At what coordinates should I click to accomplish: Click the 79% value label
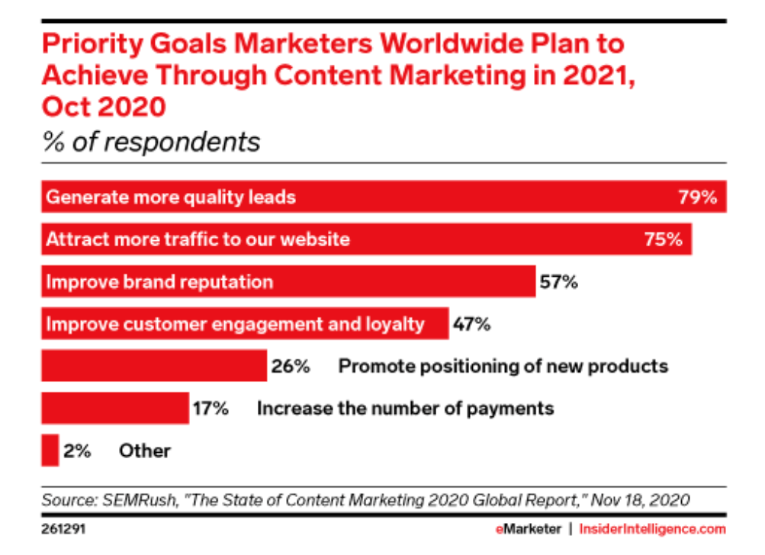(698, 197)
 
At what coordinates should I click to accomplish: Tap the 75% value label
(663, 239)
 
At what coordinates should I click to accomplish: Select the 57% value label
(558, 282)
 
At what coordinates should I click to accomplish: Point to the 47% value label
(471, 324)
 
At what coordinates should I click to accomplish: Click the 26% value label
(291, 366)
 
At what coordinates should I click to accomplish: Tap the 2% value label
(77, 451)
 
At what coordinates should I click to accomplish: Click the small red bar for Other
(50, 451)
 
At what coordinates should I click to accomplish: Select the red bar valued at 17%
(114, 408)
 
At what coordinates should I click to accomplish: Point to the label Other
(145, 451)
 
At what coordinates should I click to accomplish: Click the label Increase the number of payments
(405, 408)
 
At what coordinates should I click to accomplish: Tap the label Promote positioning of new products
(503, 366)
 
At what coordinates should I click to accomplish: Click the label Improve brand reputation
(159, 282)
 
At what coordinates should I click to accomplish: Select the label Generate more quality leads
(171, 197)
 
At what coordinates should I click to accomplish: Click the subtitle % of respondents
(151, 143)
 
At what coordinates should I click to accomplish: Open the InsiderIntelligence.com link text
(653, 528)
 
